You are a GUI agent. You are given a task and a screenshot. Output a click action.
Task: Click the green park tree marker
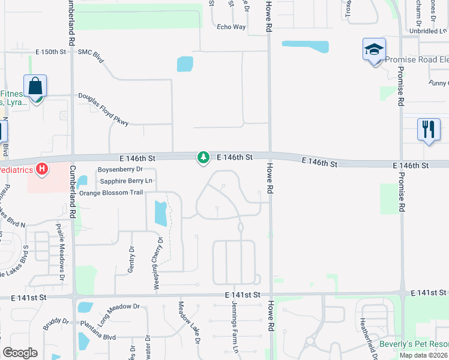tap(203, 157)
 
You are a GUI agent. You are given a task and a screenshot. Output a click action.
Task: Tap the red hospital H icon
tap(41, 169)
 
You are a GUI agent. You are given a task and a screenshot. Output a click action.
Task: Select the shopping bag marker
tap(35, 86)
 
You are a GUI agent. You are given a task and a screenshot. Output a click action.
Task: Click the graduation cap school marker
tap(373, 49)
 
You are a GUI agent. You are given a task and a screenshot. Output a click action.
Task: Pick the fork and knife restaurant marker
tap(429, 130)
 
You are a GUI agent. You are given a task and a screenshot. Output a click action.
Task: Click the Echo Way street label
tap(231, 27)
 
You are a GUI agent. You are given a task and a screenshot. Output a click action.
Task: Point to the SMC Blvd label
tap(91, 52)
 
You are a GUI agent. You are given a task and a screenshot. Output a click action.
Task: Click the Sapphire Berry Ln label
tap(127, 181)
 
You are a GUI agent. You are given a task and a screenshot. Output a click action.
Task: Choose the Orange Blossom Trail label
tap(111, 193)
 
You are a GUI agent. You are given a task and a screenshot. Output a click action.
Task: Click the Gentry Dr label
tap(130, 259)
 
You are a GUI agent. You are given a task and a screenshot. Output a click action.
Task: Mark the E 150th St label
tap(50, 52)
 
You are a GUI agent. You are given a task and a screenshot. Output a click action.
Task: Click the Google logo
tap(20, 353)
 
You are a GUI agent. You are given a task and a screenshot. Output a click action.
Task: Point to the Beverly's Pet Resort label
tap(414, 344)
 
